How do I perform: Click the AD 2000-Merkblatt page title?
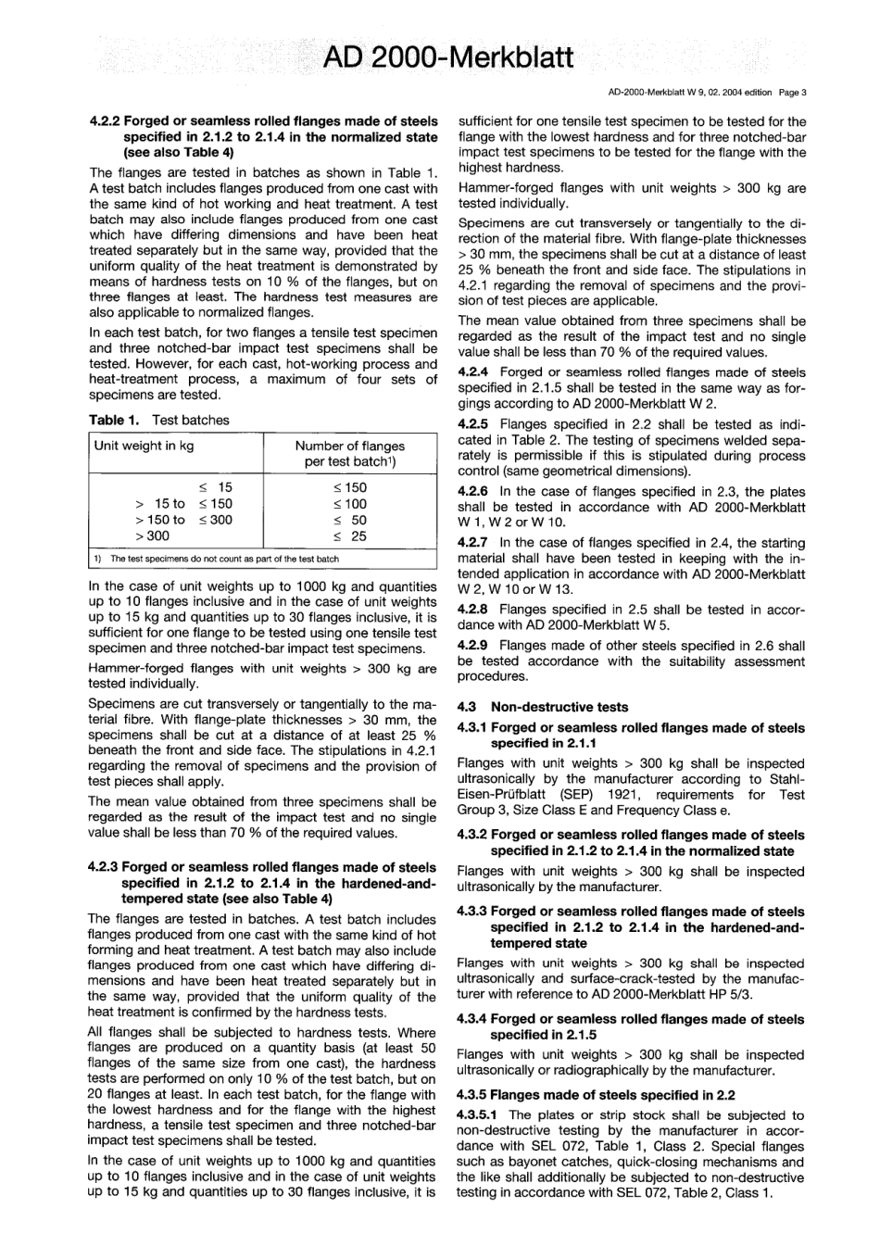[x=448, y=58]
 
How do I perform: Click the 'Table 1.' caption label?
[x=114, y=420]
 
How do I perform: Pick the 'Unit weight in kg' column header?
[x=145, y=446]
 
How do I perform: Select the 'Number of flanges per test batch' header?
[x=349, y=453]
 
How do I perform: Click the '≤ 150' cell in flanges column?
[x=350, y=487]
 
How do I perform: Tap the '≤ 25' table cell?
[x=350, y=535]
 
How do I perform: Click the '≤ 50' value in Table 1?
[x=350, y=520]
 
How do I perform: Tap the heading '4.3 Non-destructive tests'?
[x=543, y=707]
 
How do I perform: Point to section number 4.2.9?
[x=473, y=646]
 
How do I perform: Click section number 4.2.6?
[x=473, y=491]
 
